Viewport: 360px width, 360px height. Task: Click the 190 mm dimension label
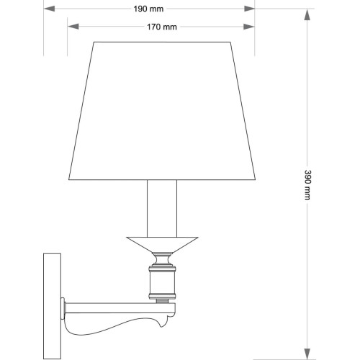(148, 9)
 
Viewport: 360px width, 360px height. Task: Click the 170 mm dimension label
(162, 27)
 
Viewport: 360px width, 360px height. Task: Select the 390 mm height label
(307, 185)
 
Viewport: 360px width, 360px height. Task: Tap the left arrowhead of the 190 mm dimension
(49, 9)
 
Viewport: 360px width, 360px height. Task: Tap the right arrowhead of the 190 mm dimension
(249, 9)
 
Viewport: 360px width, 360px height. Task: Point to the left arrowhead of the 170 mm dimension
(73, 27)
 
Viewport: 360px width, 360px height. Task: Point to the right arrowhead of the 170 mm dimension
(249, 27)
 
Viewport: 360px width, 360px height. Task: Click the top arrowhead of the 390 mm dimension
(307, 14)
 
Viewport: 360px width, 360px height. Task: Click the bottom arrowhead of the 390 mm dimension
(307, 354)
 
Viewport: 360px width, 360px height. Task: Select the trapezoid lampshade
(162, 111)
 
